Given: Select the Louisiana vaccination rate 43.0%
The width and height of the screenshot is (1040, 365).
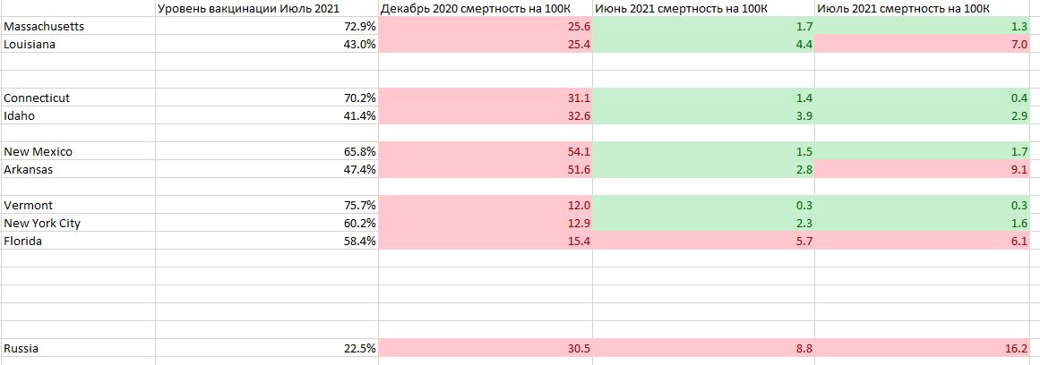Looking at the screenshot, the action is tap(362, 44).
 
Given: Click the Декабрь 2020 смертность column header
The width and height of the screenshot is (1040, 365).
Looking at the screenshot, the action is tap(485, 9).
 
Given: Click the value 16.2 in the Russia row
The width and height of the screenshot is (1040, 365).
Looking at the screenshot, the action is tap(1018, 348).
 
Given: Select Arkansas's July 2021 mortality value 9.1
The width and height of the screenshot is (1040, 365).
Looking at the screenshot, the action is tap(1020, 170).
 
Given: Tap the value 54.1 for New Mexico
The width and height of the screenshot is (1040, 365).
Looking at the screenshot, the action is tap(579, 152).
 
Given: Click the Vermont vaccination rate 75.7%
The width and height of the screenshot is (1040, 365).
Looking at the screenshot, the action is tap(362, 206).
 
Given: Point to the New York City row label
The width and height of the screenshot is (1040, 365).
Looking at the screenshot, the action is tap(42, 224).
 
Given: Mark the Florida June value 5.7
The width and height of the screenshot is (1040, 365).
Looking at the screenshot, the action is tap(804, 242).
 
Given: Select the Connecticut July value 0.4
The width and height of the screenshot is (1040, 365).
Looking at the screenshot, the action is tap(1020, 98).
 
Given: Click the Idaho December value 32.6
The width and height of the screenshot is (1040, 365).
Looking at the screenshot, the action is tap(579, 116).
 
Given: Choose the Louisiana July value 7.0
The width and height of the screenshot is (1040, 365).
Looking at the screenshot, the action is tap(1020, 44).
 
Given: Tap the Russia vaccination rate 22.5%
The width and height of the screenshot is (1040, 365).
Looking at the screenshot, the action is tap(362, 348).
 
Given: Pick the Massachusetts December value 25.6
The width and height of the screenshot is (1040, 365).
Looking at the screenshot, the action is tap(579, 26).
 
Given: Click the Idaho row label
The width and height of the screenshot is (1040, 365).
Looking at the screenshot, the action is tap(19, 116).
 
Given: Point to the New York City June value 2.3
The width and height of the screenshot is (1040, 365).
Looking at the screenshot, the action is tap(804, 224).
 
